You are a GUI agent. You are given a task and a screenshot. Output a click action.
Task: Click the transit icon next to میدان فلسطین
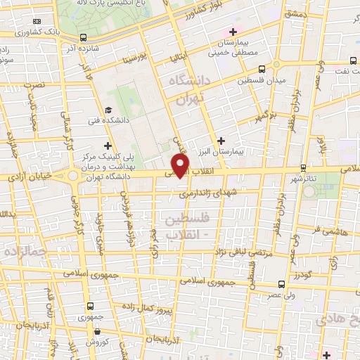(x=262, y=70)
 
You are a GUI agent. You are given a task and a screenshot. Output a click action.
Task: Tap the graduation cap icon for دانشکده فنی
(x=108, y=110)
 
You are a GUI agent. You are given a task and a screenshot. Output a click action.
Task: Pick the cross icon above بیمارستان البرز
(x=222, y=141)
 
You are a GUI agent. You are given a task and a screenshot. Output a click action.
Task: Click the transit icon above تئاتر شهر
(x=303, y=167)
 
